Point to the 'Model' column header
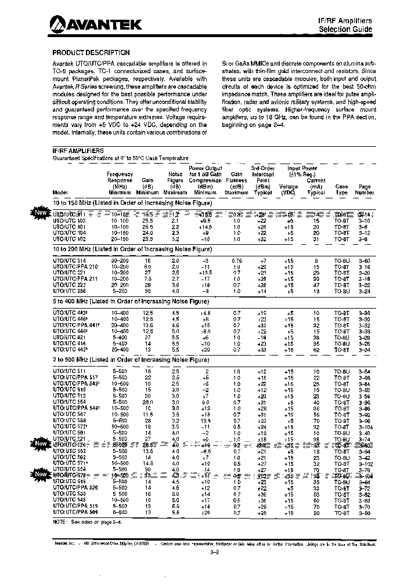(60, 192)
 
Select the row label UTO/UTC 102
(69, 238)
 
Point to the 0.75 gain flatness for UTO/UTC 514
(236, 261)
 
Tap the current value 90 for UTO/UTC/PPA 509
(316, 512)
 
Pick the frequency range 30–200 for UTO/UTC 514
(120, 261)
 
